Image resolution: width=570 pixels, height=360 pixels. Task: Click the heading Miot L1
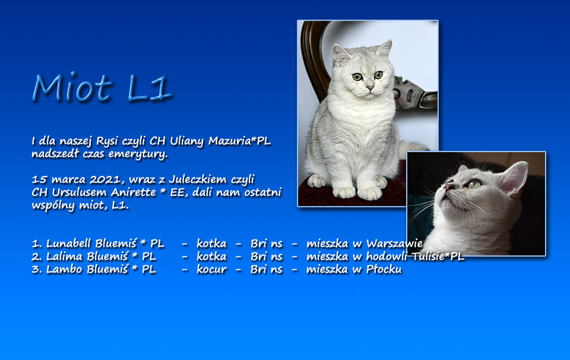click(x=101, y=87)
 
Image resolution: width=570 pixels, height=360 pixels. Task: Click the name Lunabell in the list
click(x=68, y=243)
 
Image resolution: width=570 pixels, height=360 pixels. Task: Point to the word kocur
click(x=211, y=269)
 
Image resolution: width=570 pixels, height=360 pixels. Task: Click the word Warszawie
click(x=394, y=244)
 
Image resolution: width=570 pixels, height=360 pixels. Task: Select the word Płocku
click(x=384, y=269)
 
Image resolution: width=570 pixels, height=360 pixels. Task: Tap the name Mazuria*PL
click(x=239, y=141)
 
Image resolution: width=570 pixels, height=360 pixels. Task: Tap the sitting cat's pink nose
click(x=370, y=89)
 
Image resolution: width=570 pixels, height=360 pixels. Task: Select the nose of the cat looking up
click(x=449, y=187)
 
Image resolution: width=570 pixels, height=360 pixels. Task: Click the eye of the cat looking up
click(x=474, y=184)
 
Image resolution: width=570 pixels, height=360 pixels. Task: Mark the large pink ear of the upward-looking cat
click(x=514, y=179)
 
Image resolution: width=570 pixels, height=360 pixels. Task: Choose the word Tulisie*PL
click(x=438, y=257)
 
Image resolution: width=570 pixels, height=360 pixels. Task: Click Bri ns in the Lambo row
click(x=267, y=269)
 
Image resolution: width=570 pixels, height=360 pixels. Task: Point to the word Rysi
click(x=107, y=141)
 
